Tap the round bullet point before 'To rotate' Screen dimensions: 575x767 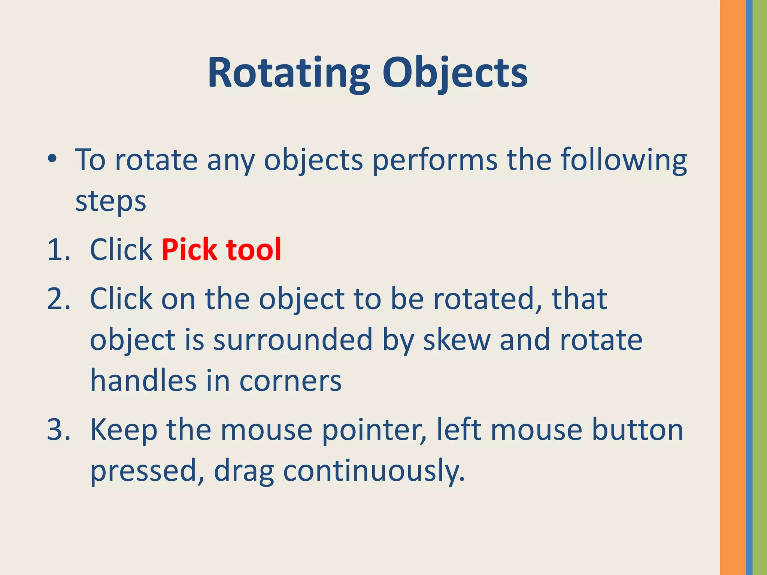[52, 159]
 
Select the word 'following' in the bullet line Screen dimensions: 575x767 [624, 160]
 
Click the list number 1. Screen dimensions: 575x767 [58, 250]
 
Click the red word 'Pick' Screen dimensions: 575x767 [190, 250]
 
